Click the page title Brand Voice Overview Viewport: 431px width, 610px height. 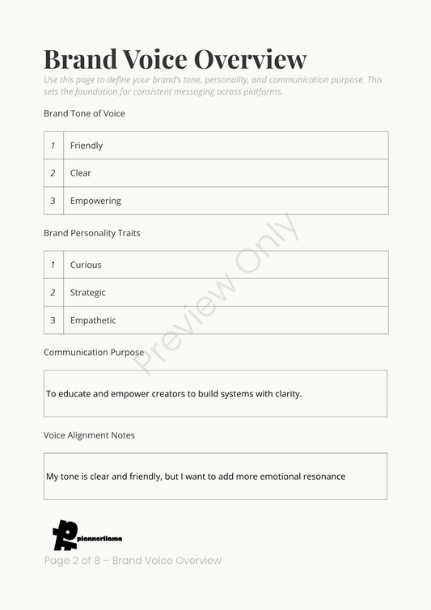[x=175, y=59]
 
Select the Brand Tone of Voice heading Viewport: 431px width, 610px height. [x=84, y=114]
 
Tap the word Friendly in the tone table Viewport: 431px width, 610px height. [x=87, y=146]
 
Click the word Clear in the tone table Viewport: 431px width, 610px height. [x=81, y=173]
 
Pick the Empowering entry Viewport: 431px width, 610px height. [x=95, y=201]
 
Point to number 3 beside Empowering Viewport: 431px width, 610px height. [x=53, y=201]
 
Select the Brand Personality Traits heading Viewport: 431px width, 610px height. [x=91, y=233]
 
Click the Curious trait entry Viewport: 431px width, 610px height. [x=86, y=265]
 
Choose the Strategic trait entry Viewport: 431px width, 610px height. [x=87, y=293]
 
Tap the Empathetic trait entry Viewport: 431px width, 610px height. [x=93, y=320]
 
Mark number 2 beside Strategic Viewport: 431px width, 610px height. [x=53, y=293]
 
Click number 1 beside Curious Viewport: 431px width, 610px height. [x=53, y=265]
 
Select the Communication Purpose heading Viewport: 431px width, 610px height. [x=94, y=353]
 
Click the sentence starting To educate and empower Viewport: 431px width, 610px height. [x=174, y=394]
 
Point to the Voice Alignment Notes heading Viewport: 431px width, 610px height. [x=89, y=435]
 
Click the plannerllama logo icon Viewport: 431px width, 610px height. [x=64, y=535]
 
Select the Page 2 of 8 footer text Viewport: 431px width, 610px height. [x=133, y=561]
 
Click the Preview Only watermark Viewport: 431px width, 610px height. [x=216, y=294]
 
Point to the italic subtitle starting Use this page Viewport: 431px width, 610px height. [x=213, y=86]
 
